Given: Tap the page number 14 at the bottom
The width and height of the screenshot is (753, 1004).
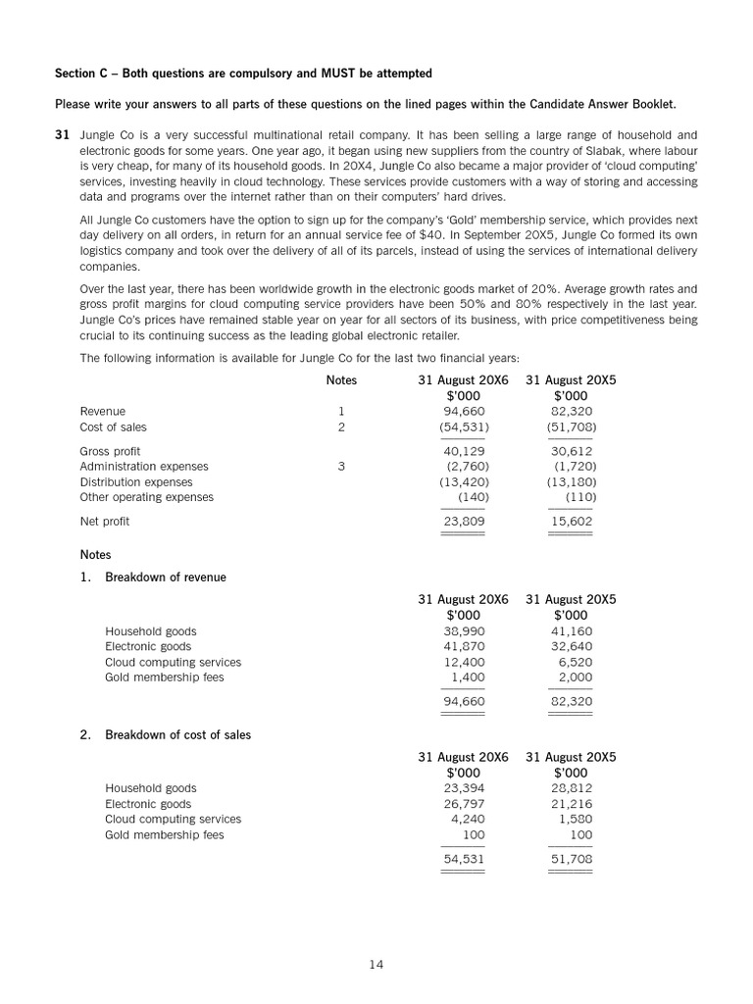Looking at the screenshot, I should click(x=376, y=965).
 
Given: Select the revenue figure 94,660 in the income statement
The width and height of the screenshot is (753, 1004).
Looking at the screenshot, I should click(x=464, y=412).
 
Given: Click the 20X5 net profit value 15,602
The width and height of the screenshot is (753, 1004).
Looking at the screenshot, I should click(x=572, y=522).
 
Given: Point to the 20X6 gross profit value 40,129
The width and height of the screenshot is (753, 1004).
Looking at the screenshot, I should click(x=464, y=451).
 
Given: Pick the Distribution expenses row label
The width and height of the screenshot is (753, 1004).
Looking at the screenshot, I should click(x=136, y=482).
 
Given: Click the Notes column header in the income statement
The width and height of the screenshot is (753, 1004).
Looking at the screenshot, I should click(x=341, y=380).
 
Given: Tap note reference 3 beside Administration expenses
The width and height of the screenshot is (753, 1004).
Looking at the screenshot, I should click(x=341, y=467).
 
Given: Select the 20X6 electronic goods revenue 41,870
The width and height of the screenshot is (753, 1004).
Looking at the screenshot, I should click(x=464, y=647).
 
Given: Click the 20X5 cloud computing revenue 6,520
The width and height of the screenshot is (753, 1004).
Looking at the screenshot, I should click(x=576, y=663).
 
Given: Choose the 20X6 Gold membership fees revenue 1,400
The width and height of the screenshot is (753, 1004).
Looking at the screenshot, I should click(x=468, y=678).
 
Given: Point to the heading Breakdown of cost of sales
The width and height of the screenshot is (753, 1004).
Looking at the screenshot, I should click(x=177, y=734).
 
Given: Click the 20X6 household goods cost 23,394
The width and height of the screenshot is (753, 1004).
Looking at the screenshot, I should click(x=464, y=788).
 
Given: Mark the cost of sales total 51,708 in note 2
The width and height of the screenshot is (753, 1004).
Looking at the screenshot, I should click(x=572, y=859).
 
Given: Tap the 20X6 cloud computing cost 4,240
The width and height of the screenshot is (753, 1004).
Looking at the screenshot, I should click(x=468, y=820).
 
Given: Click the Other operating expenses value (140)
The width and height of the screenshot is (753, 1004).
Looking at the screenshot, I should click(x=474, y=497).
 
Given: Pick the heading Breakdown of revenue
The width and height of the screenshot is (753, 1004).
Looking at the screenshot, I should click(x=166, y=577).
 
